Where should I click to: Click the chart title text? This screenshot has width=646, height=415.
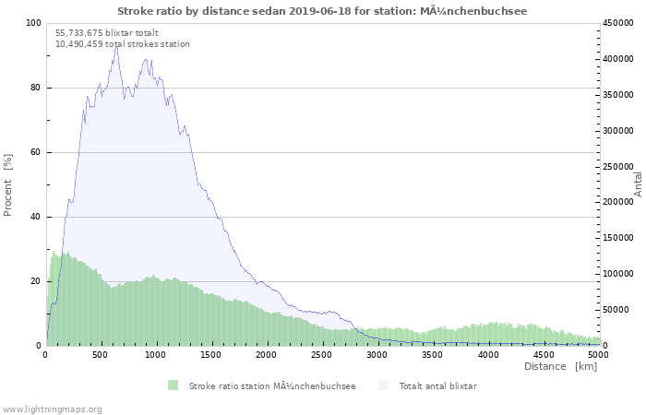click(322, 11)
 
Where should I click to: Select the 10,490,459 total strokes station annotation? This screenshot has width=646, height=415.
click(122, 43)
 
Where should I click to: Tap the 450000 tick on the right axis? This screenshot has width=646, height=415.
click(619, 23)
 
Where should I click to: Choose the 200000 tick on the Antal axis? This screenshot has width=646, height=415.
click(619, 202)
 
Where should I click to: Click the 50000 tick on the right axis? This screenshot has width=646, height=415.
click(616, 310)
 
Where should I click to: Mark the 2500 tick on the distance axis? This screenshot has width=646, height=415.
click(322, 354)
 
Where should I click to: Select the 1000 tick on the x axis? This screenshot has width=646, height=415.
click(156, 354)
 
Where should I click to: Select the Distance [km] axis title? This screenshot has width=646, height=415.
click(560, 366)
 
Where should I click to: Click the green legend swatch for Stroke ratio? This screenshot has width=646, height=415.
click(173, 385)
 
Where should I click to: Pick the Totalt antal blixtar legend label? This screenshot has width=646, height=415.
click(437, 385)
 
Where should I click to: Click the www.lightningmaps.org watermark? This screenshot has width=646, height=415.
click(52, 409)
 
